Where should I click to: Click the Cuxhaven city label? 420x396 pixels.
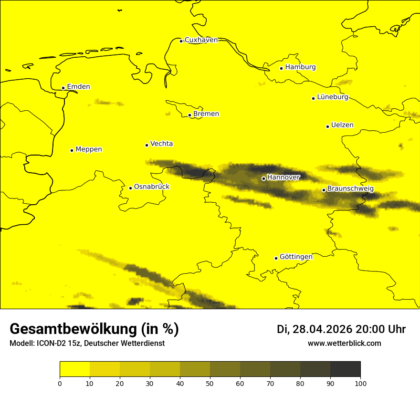point(201,40)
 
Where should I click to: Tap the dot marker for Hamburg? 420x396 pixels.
point(282,68)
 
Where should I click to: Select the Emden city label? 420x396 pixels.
point(78,87)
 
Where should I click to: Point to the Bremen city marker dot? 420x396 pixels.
point(189,115)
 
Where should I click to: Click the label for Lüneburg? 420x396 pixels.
point(333,97)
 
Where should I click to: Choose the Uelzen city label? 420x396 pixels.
point(342,125)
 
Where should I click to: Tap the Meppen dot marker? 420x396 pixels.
point(72,150)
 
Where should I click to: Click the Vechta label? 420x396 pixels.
point(161,144)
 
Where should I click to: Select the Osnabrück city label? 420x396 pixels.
point(152,187)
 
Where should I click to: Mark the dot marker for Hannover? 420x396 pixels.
point(263,178)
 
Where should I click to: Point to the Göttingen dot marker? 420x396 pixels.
point(276,258)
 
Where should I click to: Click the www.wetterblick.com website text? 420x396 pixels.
point(345,344)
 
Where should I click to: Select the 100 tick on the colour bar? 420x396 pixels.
point(360,383)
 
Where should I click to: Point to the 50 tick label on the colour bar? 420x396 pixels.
point(210,383)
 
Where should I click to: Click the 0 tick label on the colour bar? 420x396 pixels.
point(60,383)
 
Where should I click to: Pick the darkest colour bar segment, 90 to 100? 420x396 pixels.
point(345,369)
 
